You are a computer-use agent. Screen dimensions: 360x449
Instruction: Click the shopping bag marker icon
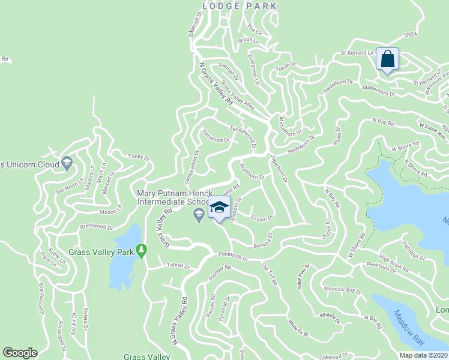point(387,59)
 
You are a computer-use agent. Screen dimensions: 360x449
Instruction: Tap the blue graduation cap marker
point(219,208)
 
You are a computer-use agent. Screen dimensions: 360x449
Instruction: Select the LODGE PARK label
point(240,6)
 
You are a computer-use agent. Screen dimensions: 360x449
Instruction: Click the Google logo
point(20,353)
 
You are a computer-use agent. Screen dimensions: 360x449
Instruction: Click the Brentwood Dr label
point(96,228)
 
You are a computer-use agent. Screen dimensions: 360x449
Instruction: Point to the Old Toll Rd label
point(268,269)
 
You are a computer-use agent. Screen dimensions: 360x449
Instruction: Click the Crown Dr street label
point(262,218)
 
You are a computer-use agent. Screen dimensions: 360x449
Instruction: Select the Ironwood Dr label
point(216,140)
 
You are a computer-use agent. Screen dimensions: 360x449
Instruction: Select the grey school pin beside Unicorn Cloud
point(67,163)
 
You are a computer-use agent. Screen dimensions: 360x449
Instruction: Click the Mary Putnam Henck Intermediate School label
point(171,198)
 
